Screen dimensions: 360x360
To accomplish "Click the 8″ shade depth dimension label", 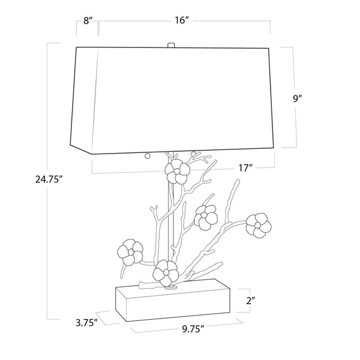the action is [88, 20].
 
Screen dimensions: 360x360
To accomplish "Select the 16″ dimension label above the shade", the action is [182, 20].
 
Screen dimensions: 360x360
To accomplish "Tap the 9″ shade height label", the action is [297, 98].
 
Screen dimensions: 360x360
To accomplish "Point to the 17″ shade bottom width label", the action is [245, 168].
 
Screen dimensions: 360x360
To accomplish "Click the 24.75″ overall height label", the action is [49, 179].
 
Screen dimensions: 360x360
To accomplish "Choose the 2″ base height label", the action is [251, 301].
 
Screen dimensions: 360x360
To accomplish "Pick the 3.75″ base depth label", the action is [85, 323].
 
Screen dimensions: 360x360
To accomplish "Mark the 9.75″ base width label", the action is [193, 329].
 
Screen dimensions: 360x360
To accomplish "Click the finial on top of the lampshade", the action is [171, 45].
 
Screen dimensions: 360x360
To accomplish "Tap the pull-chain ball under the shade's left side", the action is [147, 156].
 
